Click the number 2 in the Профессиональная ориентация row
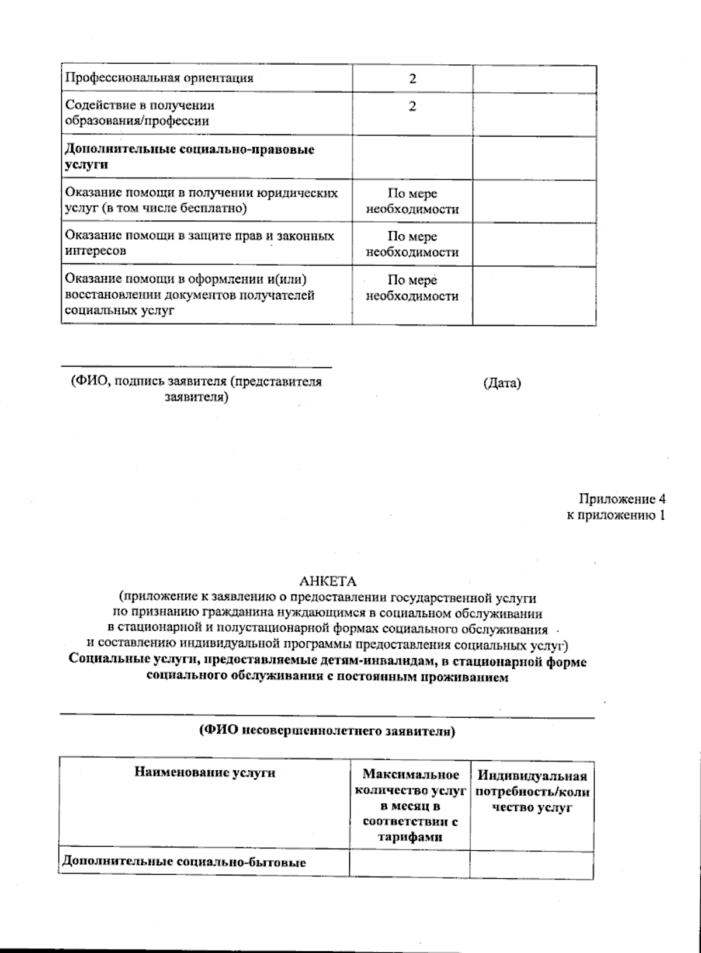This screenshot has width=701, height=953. tap(412, 79)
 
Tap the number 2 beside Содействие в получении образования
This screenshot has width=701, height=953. tap(412, 107)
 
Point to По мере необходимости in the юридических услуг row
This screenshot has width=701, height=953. tap(412, 201)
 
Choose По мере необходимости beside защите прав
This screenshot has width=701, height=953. tap(412, 244)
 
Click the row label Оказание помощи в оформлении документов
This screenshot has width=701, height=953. tap(190, 295)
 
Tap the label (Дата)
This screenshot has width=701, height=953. tap(502, 384)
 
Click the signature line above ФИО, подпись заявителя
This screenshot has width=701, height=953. tap(196, 367)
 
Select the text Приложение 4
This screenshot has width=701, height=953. tap(622, 499)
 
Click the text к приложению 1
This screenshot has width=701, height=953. tap(616, 515)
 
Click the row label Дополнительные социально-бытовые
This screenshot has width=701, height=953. tap(185, 862)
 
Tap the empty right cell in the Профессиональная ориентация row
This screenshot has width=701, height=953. tap(534, 79)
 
